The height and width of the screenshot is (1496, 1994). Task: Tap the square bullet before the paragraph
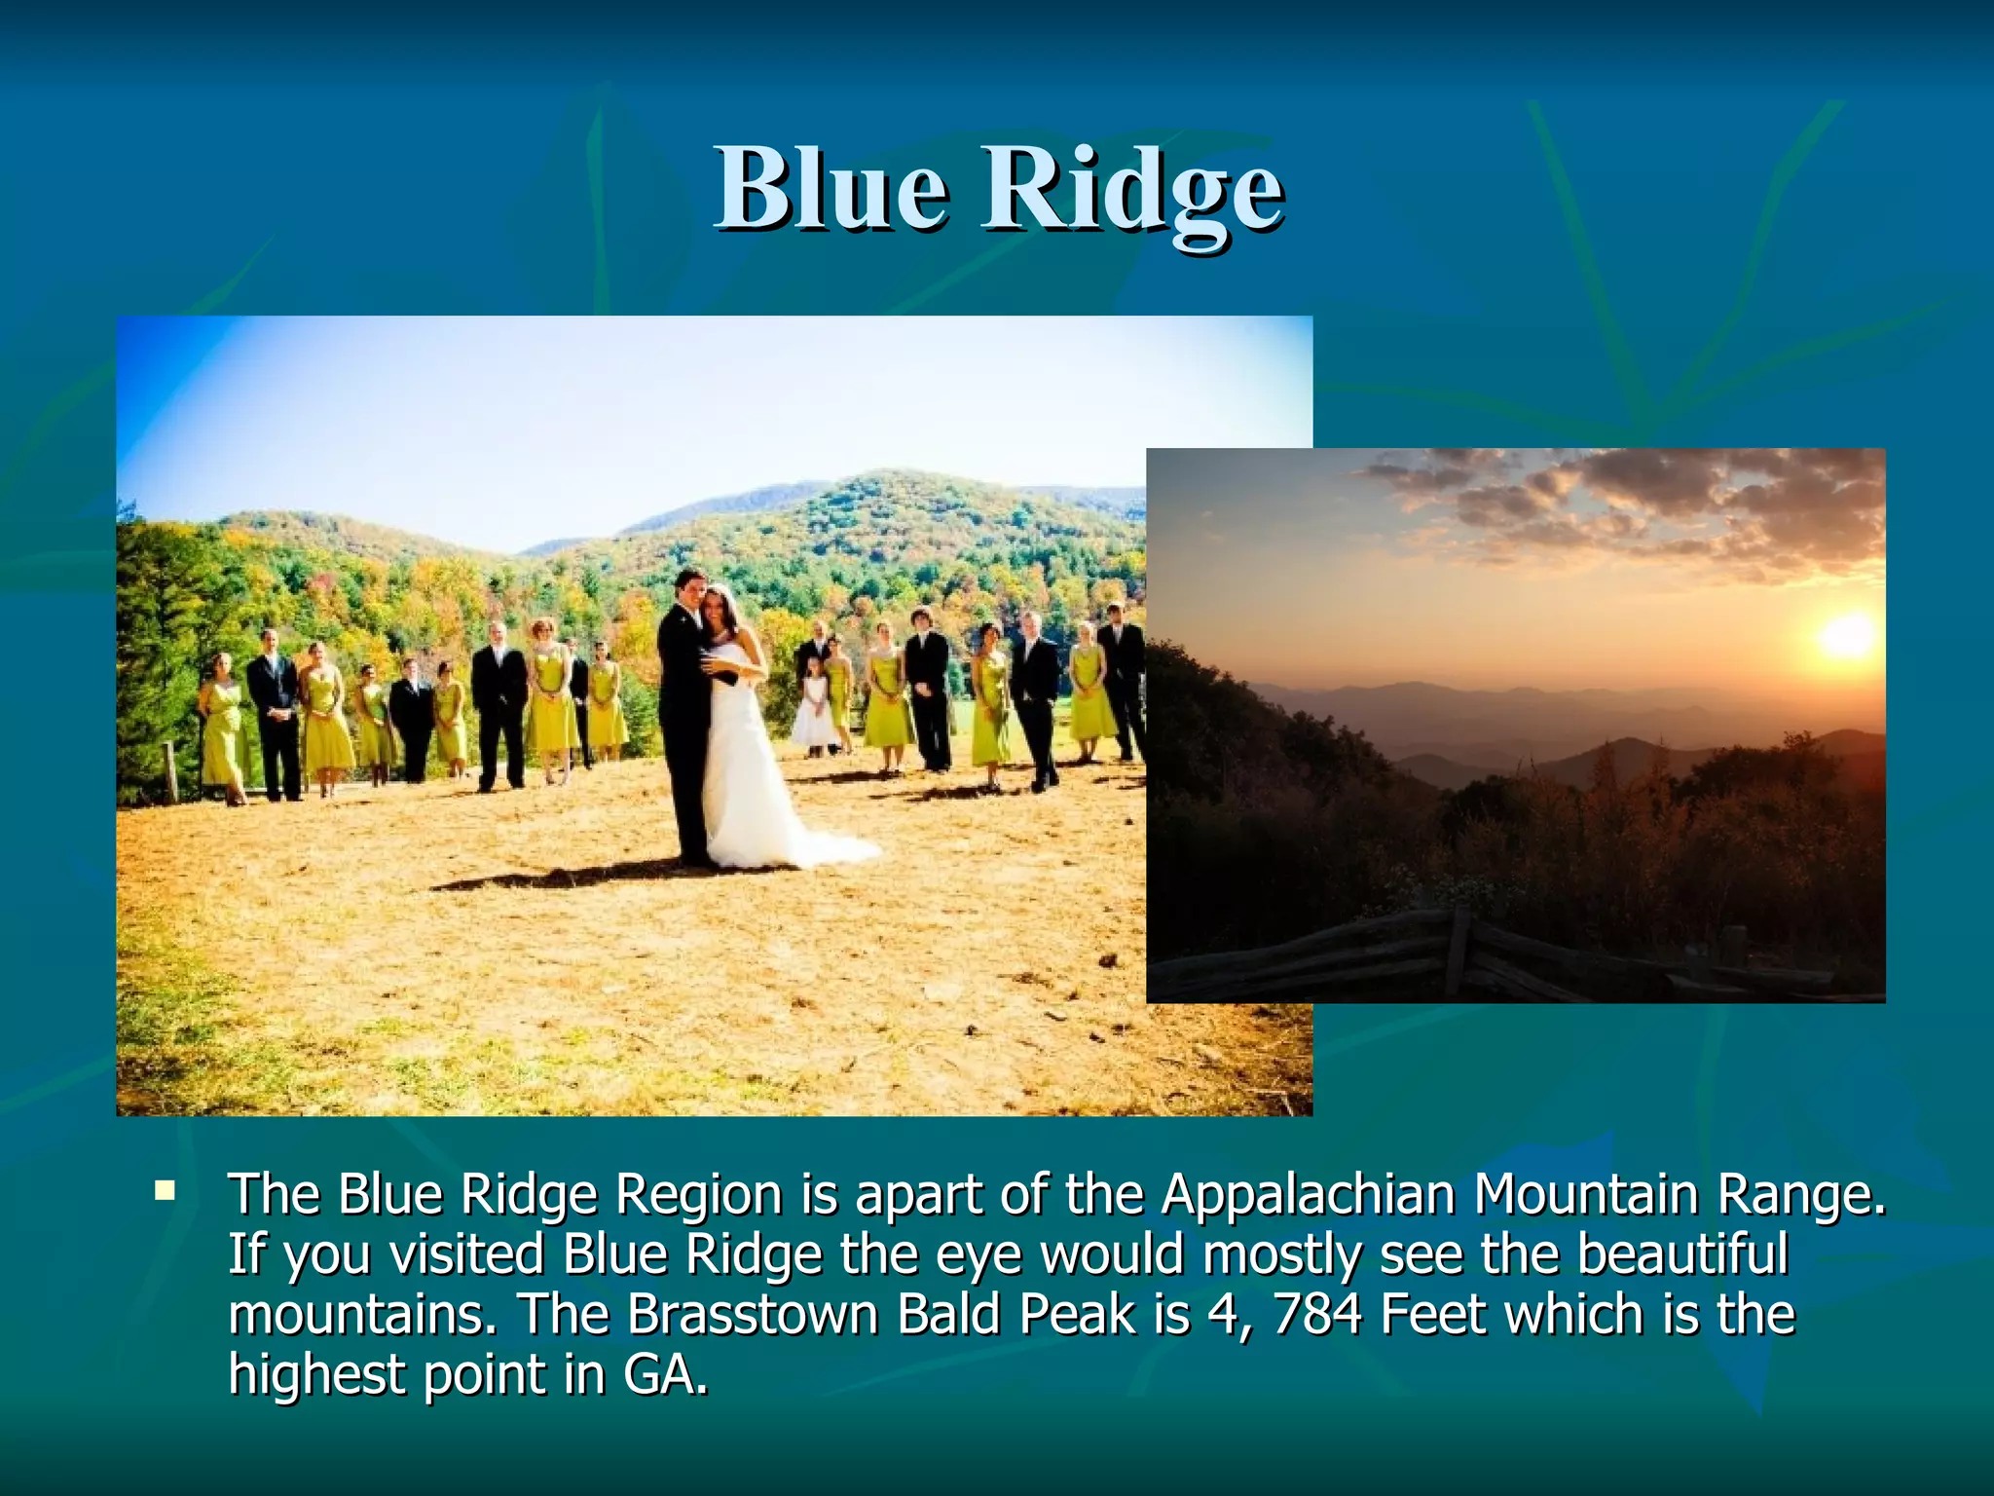tap(165, 1189)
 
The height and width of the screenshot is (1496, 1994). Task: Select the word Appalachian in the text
tap(1307, 1196)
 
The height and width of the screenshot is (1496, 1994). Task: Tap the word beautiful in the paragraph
tap(1682, 1254)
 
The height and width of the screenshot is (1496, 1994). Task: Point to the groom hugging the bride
tap(684, 711)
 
